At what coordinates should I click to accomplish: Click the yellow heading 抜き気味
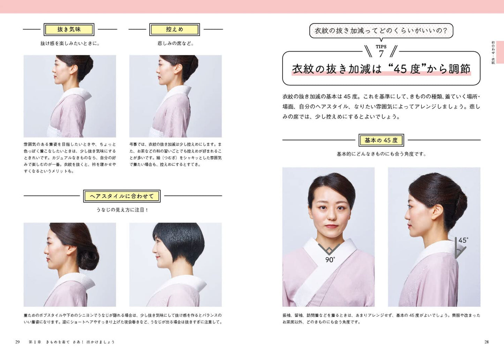pyautogui.click(x=69, y=30)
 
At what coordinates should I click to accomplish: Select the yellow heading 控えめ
pyautogui.click(x=174, y=30)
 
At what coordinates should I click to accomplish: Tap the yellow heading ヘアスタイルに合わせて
pyautogui.click(x=122, y=196)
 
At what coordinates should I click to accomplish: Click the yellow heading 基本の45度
pyautogui.click(x=381, y=140)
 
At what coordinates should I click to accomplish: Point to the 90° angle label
pyautogui.click(x=330, y=260)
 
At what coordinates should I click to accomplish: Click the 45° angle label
pyautogui.click(x=463, y=240)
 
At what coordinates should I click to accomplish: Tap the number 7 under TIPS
pyautogui.click(x=381, y=54)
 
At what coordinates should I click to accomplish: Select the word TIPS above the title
pyautogui.click(x=381, y=47)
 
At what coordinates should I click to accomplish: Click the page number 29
pyautogui.click(x=17, y=342)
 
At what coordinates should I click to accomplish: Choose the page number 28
pyautogui.click(x=486, y=342)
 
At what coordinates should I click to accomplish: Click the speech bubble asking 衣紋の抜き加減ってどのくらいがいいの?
pyautogui.click(x=381, y=31)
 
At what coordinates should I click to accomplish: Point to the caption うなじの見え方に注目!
pyautogui.click(x=122, y=210)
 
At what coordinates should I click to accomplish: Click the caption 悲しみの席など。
pyautogui.click(x=175, y=44)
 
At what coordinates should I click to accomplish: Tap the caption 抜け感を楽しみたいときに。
pyautogui.click(x=70, y=44)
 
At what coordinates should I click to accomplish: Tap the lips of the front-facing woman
pyautogui.click(x=331, y=226)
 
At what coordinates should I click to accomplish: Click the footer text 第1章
pyautogui.click(x=35, y=342)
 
